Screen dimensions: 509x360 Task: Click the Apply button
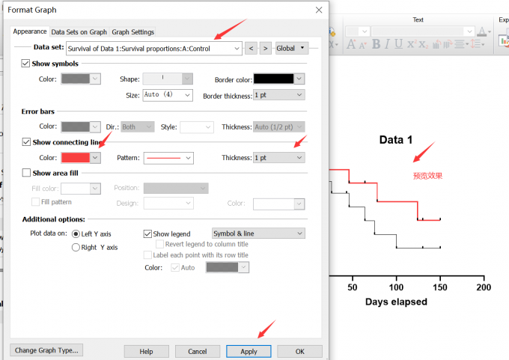click(249, 351)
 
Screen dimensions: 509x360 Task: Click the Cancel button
click(198, 351)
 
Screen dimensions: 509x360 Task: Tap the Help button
click(146, 351)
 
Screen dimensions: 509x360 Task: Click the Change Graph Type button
click(46, 350)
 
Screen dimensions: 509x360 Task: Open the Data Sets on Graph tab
click(79, 32)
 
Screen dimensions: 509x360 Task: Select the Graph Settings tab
click(132, 32)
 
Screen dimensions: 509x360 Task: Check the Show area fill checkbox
click(26, 173)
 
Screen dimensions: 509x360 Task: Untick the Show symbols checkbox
click(25, 63)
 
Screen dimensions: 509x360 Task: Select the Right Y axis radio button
click(76, 247)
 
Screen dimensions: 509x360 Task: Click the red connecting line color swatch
click(76, 158)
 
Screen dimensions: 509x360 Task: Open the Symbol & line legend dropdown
click(258, 234)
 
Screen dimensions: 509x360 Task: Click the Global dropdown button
click(291, 49)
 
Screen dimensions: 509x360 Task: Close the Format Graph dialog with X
click(319, 10)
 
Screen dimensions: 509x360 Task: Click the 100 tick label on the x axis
click(396, 287)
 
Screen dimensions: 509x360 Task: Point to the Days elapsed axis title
click(396, 302)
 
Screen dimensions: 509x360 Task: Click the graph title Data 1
click(396, 140)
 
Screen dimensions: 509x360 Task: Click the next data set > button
click(266, 49)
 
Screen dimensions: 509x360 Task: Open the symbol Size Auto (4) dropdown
click(168, 95)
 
